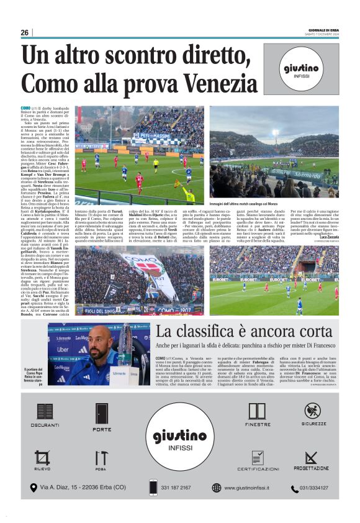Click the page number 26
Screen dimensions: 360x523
(x=24, y=32)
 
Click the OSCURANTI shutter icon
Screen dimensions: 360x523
(x=45, y=412)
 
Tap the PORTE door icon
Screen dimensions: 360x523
(x=102, y=414)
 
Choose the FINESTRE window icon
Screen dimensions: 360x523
(x=257, y=412)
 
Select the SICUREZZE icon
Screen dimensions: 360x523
(x=313, y=411)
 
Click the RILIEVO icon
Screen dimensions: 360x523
(x=43, y=458)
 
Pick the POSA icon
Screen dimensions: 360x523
(x=101, y=458)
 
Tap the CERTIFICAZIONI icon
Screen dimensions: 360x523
(x=257, y=458)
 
